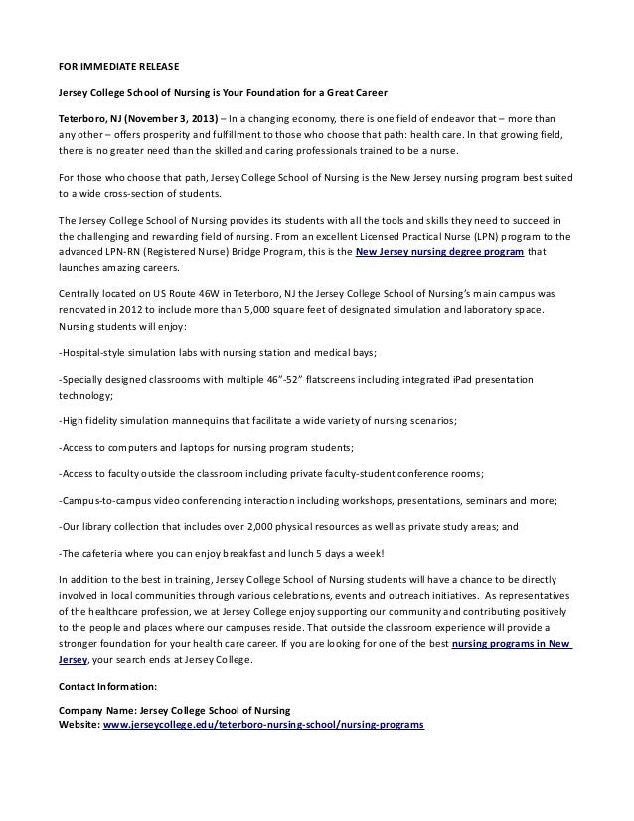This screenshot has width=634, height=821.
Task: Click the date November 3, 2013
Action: (162, 116)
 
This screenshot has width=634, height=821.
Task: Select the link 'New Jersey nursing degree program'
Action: (438, 252)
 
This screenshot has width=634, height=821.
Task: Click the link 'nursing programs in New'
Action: (512, 644)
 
